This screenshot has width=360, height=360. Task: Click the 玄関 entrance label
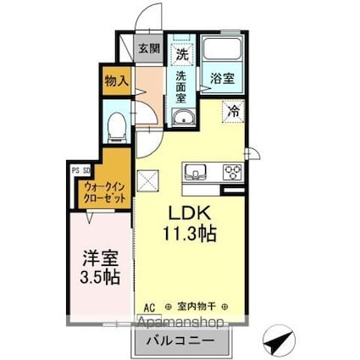pos(150,49)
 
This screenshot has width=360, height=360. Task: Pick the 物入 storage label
pos(117,81)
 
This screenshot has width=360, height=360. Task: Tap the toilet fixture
pos(118,127)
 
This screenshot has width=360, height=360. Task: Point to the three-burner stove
pos(232,172)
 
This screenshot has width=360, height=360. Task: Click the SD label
pos(86,169)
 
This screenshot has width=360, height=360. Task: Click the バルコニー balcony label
pos(179,341)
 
